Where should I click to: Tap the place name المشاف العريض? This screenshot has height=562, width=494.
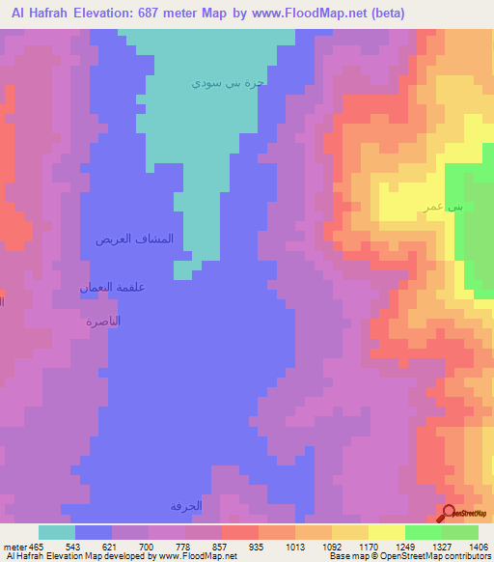[x=134, y=239]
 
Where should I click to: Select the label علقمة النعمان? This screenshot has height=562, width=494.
[x=112, y=288]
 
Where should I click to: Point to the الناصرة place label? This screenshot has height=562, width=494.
[x=103, y=321]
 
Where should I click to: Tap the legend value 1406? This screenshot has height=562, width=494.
[x=478, y=548]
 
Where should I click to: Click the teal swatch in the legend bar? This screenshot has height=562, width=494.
[x=57, y=532]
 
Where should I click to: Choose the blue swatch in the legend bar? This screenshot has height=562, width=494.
[x=94, y=532]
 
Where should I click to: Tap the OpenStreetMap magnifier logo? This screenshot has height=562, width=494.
[x=450, y=514]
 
